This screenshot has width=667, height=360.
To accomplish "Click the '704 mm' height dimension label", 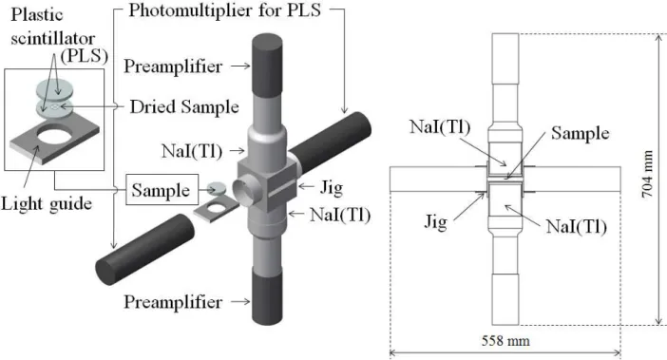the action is [647, 174].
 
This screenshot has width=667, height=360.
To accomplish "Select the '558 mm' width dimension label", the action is [505, 340].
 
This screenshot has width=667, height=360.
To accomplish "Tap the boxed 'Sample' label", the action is [161, 190].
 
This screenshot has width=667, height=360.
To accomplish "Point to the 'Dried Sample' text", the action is [184, 106].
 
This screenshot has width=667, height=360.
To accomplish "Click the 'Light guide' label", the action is [47, 203].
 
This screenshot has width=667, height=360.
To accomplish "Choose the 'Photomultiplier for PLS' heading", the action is [224, 10].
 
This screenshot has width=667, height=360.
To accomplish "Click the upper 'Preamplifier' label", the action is [173, 66].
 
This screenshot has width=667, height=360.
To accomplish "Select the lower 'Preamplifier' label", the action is [173, 302].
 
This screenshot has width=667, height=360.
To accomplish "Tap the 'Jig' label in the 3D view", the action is [331, 187].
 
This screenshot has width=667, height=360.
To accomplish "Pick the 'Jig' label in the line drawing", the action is [436, 222].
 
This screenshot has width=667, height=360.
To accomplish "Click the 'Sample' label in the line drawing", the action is [581, 133].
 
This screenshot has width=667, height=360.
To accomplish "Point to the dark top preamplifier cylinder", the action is [267, 66].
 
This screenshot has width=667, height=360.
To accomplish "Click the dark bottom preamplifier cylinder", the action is [267, 295].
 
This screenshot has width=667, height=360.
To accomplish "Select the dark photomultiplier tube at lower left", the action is [144, 249].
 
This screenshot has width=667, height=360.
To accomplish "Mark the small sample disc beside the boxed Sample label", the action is [219, 187].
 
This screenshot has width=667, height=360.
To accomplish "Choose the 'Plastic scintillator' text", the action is [53, 27].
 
